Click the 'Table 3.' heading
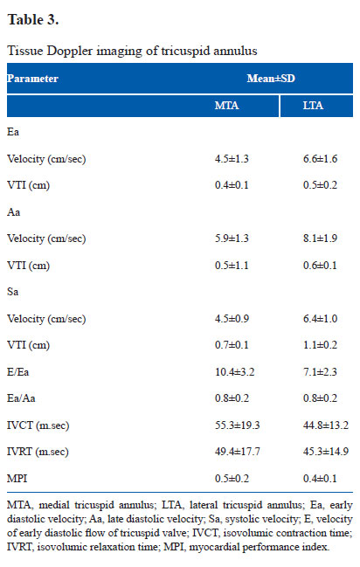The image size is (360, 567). pyautogui.click(x=33, y=19)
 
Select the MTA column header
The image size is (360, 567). pyautogui.click(x=227, y=106)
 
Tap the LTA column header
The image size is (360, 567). pyautogui.click(x=313, y=106)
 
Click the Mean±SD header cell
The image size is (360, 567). pyautogui.click(x=271, y=79)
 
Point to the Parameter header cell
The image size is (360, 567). pyautogui.click(x=32, y=79)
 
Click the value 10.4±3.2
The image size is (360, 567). pyautogui.click(x=235, y=371)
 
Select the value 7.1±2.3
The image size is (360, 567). pyautogui.click(x=320, y=371)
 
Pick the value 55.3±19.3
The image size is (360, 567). pyautogui.click(x=238, y=425)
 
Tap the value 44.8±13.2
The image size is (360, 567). pyautogui.click(x=326, y=425)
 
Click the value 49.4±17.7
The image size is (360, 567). pyautogui.click(x=238, y=452)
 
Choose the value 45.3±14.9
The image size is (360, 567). pyautogui.click(x=326, y=452)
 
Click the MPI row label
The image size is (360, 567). pyautogui.click(x=17, y=479)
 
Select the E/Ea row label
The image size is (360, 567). pyautogui.click(x=17, y=371)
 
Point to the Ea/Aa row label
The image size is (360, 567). pyautogui.click(x=21, y=398)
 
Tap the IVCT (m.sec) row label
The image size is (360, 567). pyautogui.click(x=38, y=425)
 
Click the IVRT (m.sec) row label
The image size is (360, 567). pyautogui.click(x=38, y=452)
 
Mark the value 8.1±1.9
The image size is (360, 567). pyautogui.click(x=320, y=239)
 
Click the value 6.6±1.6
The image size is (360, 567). pyautogui.click(x=320, y=159)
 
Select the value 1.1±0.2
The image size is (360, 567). pyautogui.click(x=320, y=345)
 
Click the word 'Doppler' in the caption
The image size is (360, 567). pyautogui.click(x=70, y=51)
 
